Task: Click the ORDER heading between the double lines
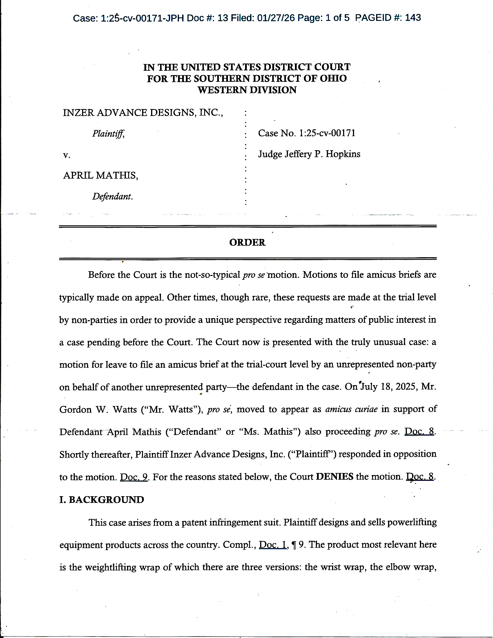pyautogui.click(x=247, y=242)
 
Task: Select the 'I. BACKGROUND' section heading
pyautogui.click(x=101, y=500)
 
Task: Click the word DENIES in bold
pyautogui.click(x=334, y=476)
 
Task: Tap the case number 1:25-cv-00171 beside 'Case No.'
pyautogui.click(x=327, y=133)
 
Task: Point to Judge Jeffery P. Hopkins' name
pyautogui.click(x=309, y=154)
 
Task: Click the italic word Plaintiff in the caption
pyautogui.click(x=108, y=133)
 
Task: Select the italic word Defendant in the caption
pyautogui.click(x=112, y=196)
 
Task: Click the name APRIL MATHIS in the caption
pyautogui.click(x=100, y=175)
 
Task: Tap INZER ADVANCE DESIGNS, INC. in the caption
pyautogui.click(x=143, y=113)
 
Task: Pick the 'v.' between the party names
pyautogui.click(x=67, y=155)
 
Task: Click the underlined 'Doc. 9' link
pyautogui.click(x=134, y=477)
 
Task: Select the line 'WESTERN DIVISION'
pyautogui.click(x=247, y=90)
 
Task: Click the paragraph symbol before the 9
pyautogui.click(x=294, y=545)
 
